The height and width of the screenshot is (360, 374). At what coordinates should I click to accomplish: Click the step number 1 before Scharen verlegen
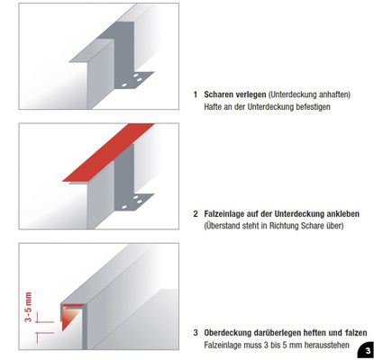[196, 94]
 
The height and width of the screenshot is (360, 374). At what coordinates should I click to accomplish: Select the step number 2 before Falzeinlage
[196, 213]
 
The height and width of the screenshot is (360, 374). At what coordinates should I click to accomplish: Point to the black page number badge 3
[363, 348]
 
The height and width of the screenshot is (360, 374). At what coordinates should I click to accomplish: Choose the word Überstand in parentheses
[226, 226]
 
